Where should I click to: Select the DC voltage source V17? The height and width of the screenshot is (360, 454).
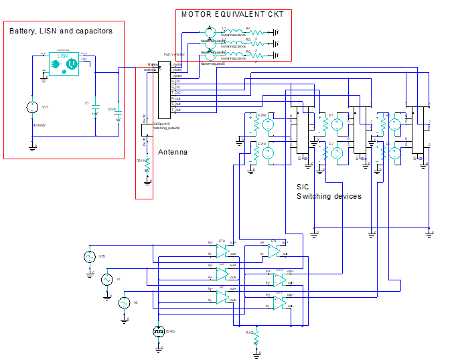(x=31, y=107)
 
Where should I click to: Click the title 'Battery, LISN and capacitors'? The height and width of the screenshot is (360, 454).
(x=61, y=31)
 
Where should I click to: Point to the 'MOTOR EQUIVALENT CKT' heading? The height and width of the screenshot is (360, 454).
(x=232, y=14)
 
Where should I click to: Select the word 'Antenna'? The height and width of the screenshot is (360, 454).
(x=173, y=152)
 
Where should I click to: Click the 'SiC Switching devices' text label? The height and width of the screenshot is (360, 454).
(x=328, y=192)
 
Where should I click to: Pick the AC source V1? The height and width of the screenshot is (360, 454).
(x=106, y=279)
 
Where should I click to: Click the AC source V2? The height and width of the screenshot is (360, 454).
(x=123, y=303)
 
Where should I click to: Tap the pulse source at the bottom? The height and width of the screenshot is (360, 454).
(x=159, y=331)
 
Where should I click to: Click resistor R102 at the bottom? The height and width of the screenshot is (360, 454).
(x=256, y=338)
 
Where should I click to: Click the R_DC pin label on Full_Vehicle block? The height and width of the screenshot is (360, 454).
(x=176, y=81)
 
